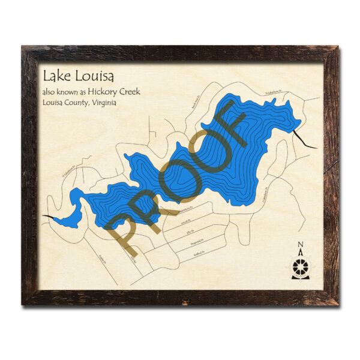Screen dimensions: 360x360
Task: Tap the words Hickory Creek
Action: (124, 92)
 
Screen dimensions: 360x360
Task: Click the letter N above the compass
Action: (301, 244)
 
